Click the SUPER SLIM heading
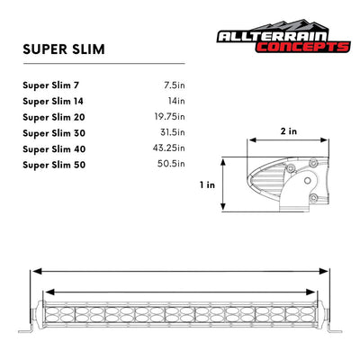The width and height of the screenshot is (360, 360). pos(63,48)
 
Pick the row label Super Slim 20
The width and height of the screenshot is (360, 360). pos(53,117)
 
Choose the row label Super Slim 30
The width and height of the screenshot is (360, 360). pos(53,132)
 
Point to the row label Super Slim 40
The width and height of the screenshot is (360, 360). pos(53,148)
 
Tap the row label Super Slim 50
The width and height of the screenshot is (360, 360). pos(53,163)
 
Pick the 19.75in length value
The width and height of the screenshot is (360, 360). pos(167,117)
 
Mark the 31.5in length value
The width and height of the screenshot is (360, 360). pos(170,132)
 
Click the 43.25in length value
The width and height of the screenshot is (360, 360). pos(167,148)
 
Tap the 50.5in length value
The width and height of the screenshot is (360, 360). pos(170,163)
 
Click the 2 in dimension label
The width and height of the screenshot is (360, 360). pos(288,130)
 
